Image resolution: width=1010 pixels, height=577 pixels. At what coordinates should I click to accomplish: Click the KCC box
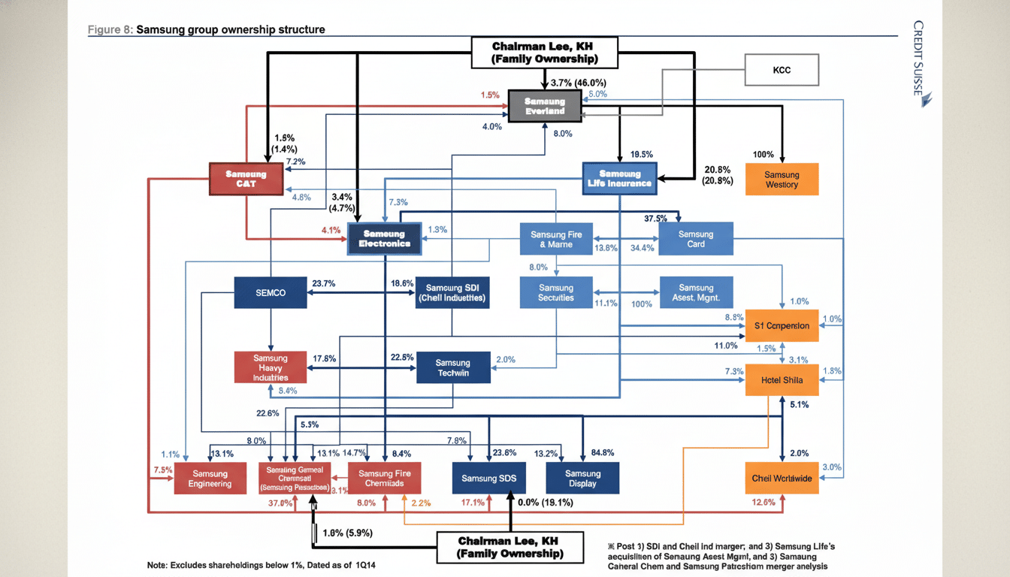782,70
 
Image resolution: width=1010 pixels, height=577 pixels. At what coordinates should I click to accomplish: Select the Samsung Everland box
545,106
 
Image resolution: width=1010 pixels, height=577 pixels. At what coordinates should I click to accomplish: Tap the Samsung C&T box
246,179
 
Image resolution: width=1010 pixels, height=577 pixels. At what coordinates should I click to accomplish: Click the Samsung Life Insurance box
619,179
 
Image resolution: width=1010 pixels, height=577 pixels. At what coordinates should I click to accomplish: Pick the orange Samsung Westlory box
782,180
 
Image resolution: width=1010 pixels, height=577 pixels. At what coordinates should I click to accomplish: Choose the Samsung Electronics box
384,238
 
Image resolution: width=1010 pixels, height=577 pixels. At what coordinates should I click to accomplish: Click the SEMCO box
271,292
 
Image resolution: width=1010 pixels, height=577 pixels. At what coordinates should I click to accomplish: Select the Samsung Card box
696,239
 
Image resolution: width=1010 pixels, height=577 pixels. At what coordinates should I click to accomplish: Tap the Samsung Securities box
556,292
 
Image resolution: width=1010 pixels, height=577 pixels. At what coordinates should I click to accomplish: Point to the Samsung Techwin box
452,367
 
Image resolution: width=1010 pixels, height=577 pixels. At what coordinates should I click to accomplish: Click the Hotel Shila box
782,379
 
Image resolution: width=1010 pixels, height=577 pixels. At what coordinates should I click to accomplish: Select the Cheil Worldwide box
782,478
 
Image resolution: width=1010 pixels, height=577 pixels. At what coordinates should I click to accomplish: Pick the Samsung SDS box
488,478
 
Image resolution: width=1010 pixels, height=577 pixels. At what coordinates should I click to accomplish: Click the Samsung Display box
582,478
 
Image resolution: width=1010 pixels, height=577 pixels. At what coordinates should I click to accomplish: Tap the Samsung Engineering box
210,478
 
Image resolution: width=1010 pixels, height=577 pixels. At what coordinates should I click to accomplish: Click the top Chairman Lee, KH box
545,53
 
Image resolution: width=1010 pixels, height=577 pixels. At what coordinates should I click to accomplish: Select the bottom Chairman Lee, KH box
510,547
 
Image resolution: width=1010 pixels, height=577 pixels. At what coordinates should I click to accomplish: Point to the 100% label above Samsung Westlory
763,155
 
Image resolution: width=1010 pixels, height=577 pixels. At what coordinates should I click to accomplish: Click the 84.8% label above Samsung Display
603,452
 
